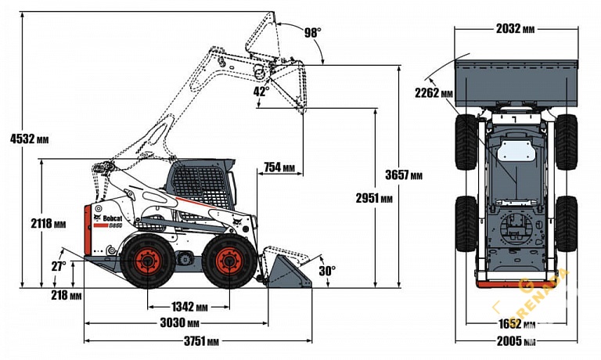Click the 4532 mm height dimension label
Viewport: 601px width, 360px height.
[29, 139]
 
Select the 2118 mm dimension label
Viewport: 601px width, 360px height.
[48, 223]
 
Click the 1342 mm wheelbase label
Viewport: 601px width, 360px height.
[190, 306]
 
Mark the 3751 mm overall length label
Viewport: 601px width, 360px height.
[202, 341]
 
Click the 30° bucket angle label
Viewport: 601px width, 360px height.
[327, 271]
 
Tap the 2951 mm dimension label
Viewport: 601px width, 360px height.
[353, 198]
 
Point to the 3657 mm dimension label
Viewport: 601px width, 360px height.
[405, 174]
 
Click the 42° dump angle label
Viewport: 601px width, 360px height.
[261, 91]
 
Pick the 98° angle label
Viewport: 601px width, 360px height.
[312, 32]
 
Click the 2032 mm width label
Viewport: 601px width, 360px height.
[516, 29]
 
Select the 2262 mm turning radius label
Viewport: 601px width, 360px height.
[434, 93]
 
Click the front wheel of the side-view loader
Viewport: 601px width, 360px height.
[229, 262]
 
